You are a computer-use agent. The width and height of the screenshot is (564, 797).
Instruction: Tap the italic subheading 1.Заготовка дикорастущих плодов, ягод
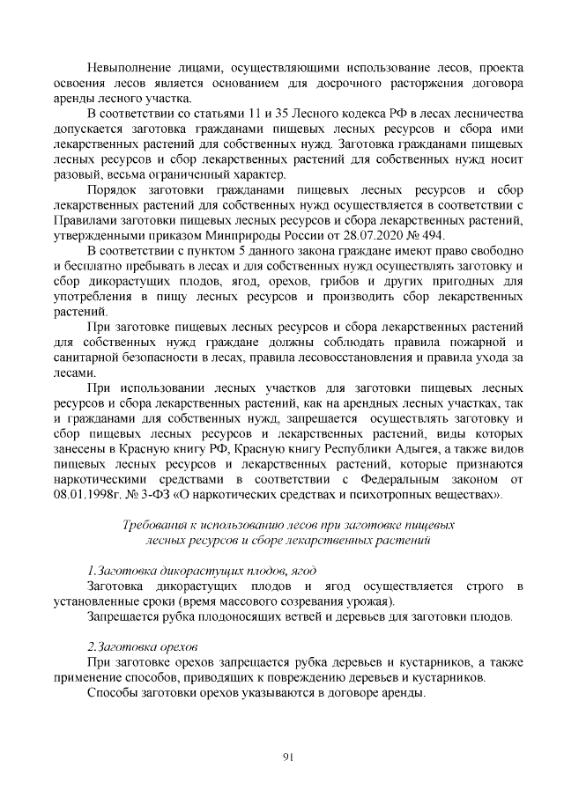(x=202, y=570)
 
